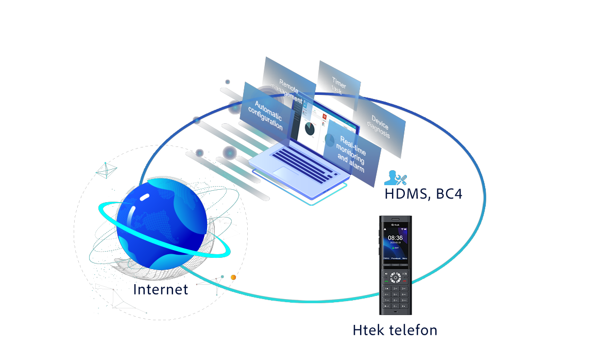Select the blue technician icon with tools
point(397,178)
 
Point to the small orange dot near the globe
point(233,277)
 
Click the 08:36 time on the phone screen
point(395,238)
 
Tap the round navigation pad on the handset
point(395,277)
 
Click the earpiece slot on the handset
point(395,219)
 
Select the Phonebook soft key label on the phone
point(395,258)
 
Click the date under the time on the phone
point(395,243)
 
